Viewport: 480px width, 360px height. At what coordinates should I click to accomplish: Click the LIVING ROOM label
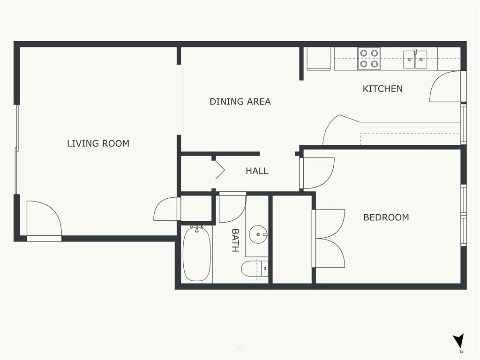coord(98,143)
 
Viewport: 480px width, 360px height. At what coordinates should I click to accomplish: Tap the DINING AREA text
coord(240,101)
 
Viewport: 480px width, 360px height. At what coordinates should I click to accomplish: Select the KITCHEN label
coord(382,89)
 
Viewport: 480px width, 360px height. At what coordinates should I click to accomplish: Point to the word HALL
coord(257,171)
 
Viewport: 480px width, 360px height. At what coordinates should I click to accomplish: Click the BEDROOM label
coord(386,217)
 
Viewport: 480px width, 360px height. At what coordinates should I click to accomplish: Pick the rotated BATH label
coord(235,240)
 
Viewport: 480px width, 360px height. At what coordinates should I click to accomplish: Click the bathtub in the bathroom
coord(196,254)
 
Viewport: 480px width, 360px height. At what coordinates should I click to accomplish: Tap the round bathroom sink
coord(258,234)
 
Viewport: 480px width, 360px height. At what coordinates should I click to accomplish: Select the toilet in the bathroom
coord(254,269)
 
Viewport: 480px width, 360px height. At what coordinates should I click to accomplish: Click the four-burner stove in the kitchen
coord(369,59)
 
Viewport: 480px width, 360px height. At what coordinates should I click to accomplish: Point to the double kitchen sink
coord(415,59)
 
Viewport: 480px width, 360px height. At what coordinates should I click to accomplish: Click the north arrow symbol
coord(458,341)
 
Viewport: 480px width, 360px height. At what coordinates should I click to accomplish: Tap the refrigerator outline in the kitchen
coord(319,59)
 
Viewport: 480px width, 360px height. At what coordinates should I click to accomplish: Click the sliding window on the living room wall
coord(17,150)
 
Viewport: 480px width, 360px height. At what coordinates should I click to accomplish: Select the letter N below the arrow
coord(461,352)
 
